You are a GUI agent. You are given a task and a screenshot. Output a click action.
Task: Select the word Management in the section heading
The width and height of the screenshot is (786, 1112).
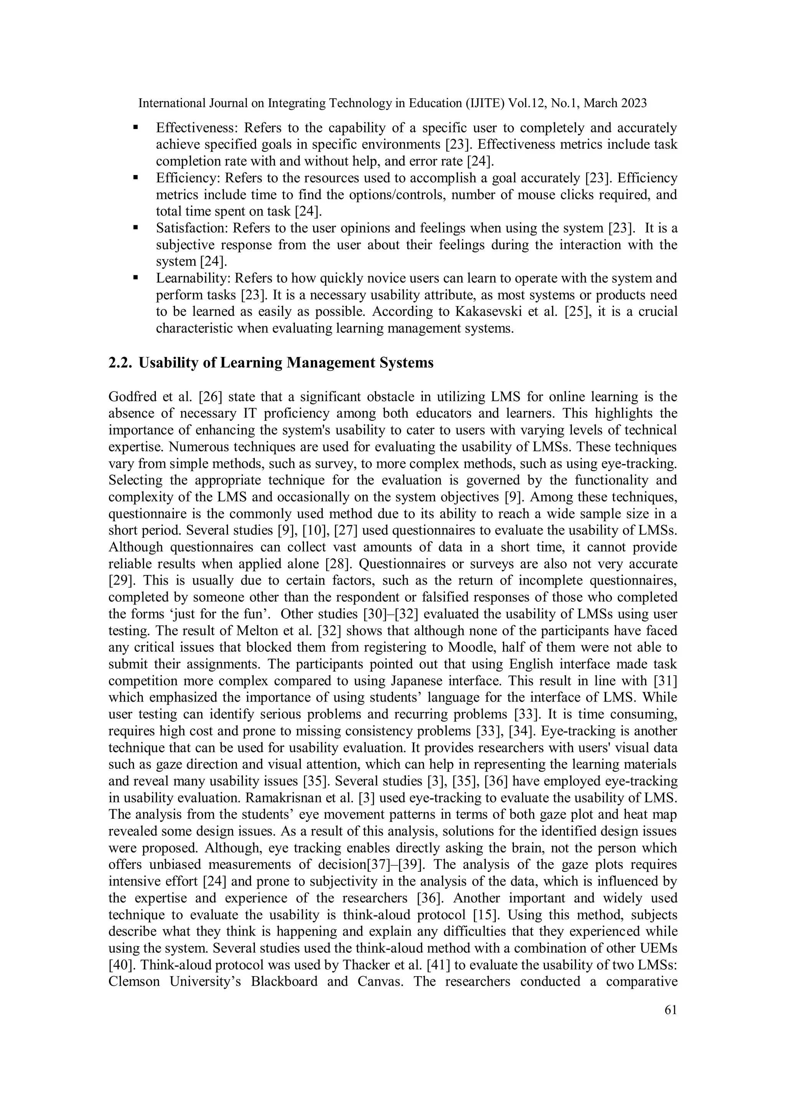coord(324,363)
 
